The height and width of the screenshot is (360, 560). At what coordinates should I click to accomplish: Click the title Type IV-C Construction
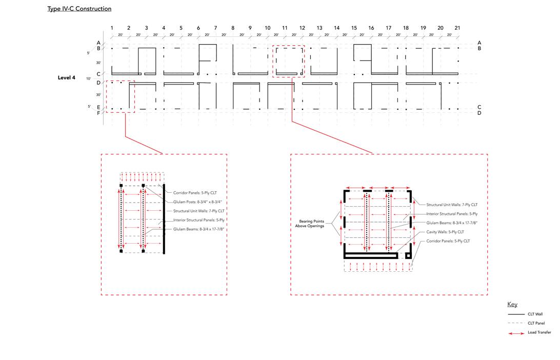pos(79,9)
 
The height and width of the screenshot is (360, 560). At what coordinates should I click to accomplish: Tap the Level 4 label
pos(67,78)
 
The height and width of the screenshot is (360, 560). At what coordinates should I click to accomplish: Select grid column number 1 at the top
pos(112,28)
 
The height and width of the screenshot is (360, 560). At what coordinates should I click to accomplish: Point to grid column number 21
pos(457,28)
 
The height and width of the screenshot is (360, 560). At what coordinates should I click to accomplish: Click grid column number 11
pos(285,28)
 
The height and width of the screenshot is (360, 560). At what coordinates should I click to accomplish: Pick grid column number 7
pos(215,28)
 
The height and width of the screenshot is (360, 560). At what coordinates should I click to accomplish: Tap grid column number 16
pos(371,28)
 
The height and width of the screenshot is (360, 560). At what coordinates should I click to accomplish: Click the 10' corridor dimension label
pos(89,78)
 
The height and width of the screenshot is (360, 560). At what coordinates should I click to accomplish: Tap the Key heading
pos(512,304)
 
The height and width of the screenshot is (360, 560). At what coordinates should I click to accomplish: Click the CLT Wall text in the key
pos(535,314)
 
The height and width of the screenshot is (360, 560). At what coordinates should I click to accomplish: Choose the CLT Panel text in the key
pos(536,323)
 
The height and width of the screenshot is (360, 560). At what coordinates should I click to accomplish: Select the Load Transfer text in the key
pos(539,332)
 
